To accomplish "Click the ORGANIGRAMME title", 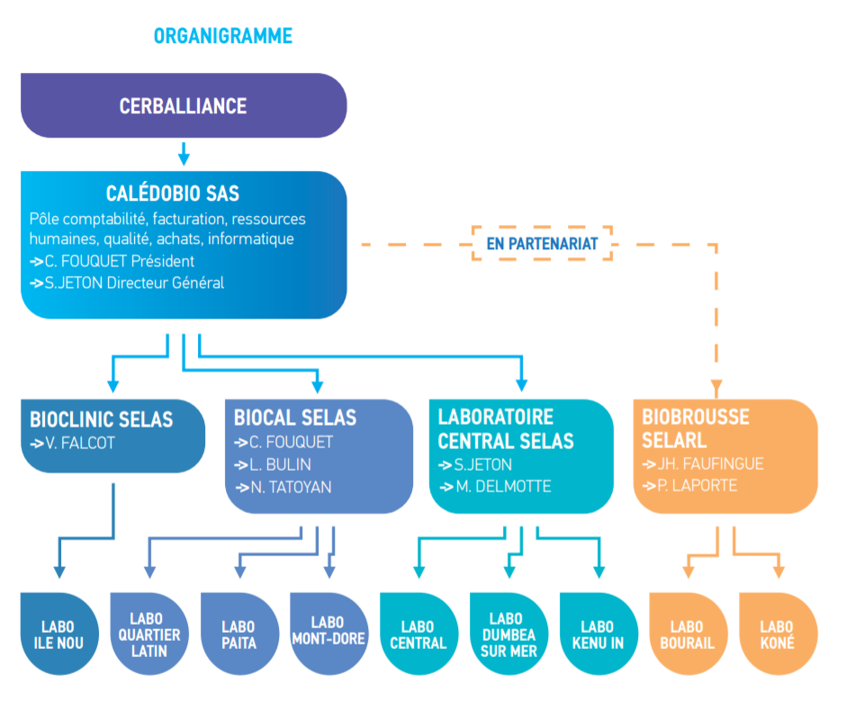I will click(223, 36).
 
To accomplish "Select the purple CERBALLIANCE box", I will click(184, 105).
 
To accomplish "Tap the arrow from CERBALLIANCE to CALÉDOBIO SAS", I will click(184, 153).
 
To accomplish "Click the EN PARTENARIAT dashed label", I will click(542, 243).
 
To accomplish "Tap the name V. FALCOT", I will click(82, 443).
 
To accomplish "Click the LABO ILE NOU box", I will click(58, 634).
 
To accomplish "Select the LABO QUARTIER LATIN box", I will click(148, 634).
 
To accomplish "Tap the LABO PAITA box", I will click(238, 634).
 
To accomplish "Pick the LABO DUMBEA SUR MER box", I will click(508, 634).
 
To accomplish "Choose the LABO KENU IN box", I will click(598, 634).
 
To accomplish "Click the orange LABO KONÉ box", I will click(777, 634).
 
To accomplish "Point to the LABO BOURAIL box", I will click(687, 634).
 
